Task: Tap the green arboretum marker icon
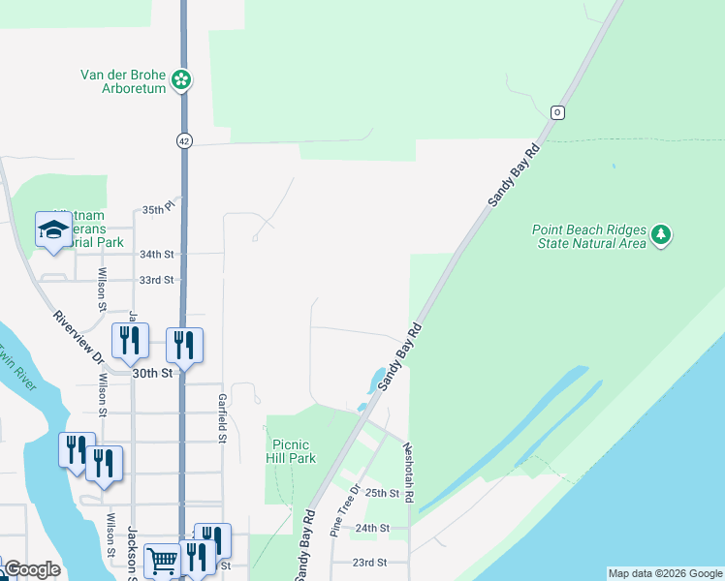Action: click(x=181, y=80)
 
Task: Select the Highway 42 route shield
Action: click(x=184, y=140)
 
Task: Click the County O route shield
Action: click(x=557, y=112)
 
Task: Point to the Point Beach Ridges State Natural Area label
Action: click(x=588, y=236)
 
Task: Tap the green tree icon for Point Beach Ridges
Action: click(x=661, y=234)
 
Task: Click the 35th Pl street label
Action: click(x=157, y=209)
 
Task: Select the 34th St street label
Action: click(x=156, y=255)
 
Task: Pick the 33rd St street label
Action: click(x=156, y=280)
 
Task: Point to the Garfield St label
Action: click(x=222, y=412)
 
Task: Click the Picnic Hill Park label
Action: click(x=291, y=452)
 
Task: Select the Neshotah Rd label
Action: click(x=409, y=473)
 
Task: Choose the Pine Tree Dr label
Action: click(x=346, y=509)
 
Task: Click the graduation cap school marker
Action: click(x=53, y=230)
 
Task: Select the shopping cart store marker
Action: click(x=163, y=561)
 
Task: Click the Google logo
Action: click(x=32, y=569)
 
